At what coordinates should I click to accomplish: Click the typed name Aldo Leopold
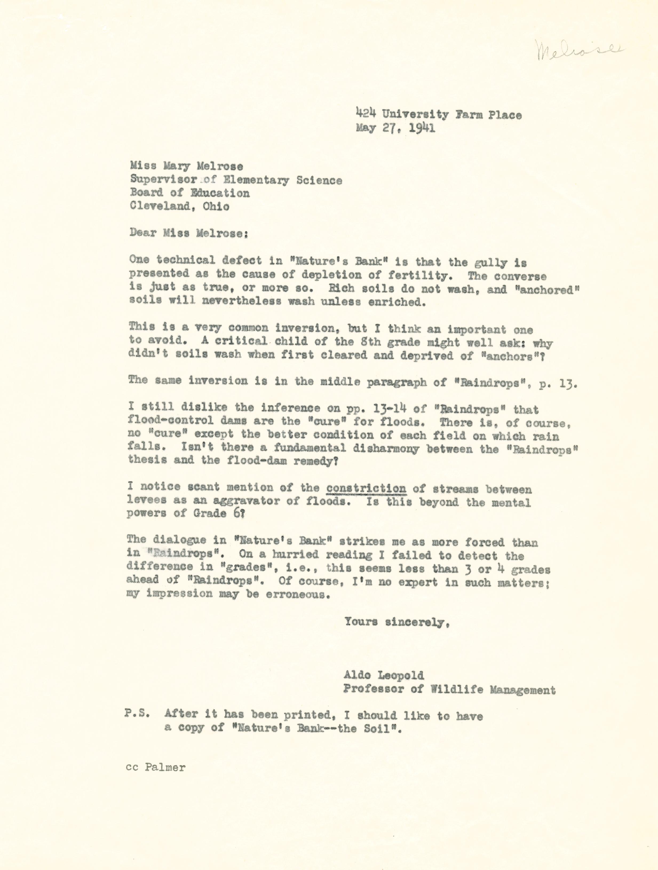(383, 675)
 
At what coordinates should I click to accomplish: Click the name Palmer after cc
(165, 767)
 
